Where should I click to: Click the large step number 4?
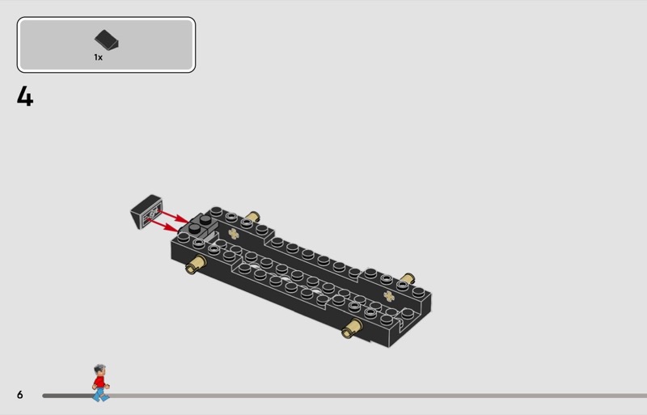(25, 96)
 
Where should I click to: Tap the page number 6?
(19, 395)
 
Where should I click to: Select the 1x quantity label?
(98, 57)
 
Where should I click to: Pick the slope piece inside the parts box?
(107, 40)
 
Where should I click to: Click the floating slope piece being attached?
(146, 211)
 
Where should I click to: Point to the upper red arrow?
(173, 216)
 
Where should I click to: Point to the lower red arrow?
(163, 225)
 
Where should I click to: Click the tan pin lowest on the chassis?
(353, 328)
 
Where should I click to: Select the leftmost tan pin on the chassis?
(196, 265)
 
